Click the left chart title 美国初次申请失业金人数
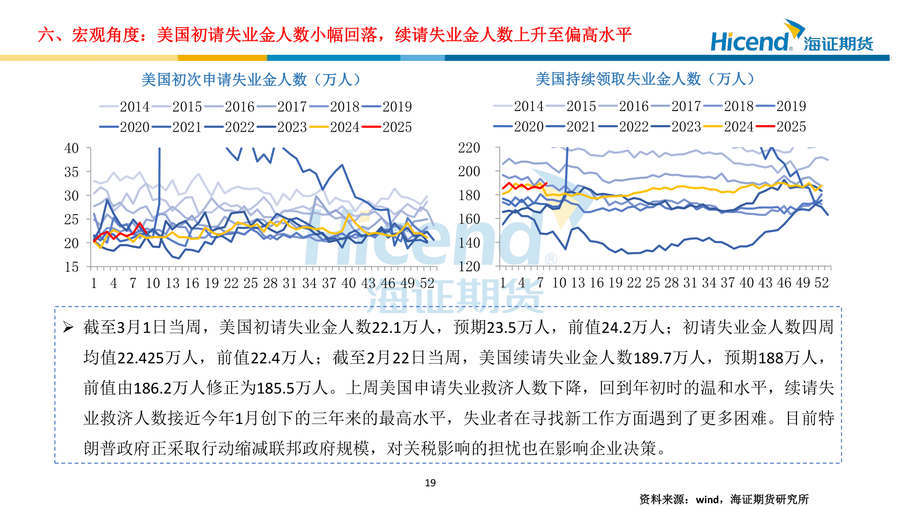pos(251,80)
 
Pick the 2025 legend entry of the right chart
pos(783,126)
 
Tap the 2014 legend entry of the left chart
pos(127,107)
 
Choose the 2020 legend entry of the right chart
pos(520,126)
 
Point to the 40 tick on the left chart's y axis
pos(71,149)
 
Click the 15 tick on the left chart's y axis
pos(71,267)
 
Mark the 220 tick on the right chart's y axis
pos(469,148)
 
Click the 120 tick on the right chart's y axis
pos(469,267)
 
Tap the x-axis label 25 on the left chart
pos(250,283)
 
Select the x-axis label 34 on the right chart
pos(709,283)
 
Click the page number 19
pos(430,483)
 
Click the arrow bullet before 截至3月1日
pos(68,327)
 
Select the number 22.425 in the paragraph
pos(141,358)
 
